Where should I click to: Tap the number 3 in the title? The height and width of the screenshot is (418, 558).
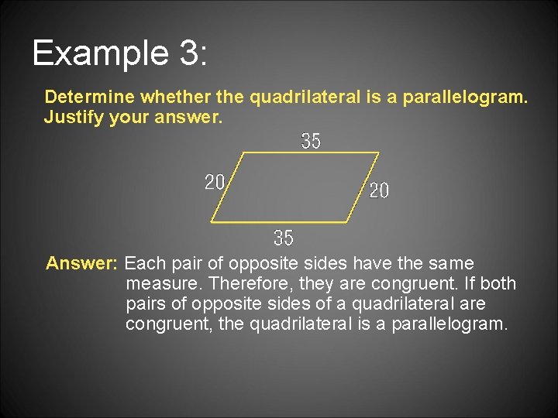(x=188, y=53)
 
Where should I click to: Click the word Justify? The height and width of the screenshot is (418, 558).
(x=71, y=118)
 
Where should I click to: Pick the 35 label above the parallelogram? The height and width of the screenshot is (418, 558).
(x=311, y=142)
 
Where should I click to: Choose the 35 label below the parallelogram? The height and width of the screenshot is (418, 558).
(x=284, y=237)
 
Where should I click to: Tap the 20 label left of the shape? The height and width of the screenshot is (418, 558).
(x=215, y=183)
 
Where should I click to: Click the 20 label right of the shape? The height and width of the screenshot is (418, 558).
(x=379, y=190)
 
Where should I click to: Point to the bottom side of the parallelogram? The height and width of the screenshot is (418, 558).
(x=279, y=222)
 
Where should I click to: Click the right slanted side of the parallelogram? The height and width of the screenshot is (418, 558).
(x=363, y=187)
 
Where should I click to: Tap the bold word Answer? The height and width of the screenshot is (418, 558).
(x=81, y=263)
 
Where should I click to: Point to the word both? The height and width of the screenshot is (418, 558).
(x=498, y=283)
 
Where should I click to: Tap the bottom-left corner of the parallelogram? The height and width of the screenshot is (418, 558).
(x=211, y=222)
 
